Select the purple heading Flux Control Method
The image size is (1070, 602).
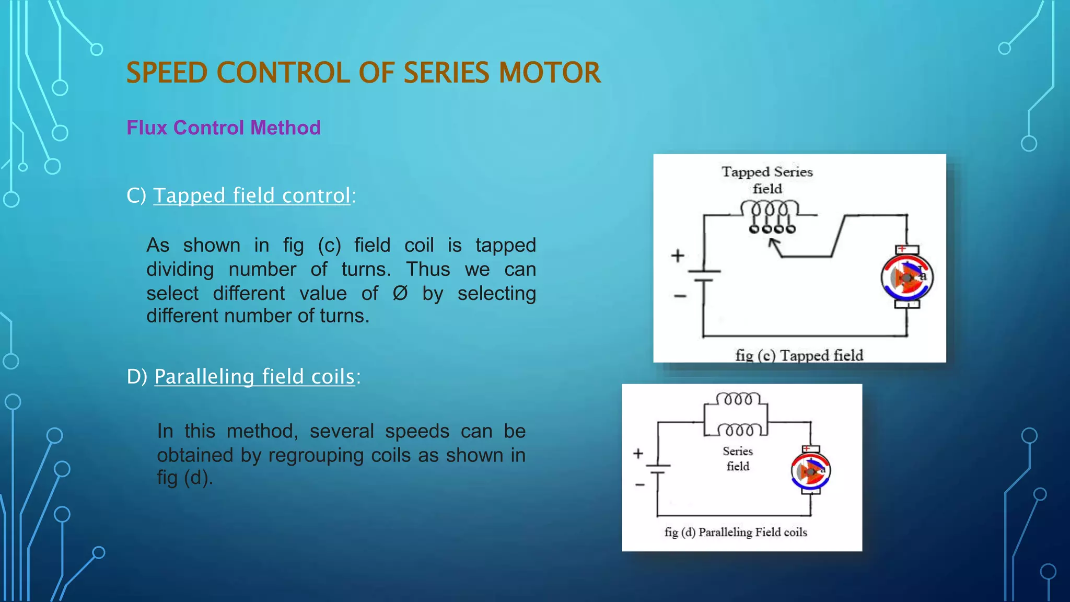pyautogui.click(x=224, y=128)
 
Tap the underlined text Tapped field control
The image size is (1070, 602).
pyautogui.click(x=251, y=195)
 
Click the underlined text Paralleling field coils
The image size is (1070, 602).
pyautogui.click(x=254, y=376)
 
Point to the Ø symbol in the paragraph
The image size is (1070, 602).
pyautogui.click(x=400, y=293)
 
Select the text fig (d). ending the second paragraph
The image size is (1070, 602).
pyautogui.click(x=185, y=478)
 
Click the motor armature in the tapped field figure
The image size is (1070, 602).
pyautogui.click(x=907, y=277)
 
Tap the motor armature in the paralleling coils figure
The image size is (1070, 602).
pyautogui.click(x=810, y=471)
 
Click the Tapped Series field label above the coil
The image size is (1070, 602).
pyautogui.click(x=767, y=180)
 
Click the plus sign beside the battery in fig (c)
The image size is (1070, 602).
pyautogui.click(x=678, y=256)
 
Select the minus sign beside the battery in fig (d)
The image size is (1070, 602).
pyautogui.click(x=640, y=485)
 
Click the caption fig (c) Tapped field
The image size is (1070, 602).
pyautogui.click(x=799, y=355)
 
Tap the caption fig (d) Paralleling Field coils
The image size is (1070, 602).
pyautogui.click(x=736, y=532)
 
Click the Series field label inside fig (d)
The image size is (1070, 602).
pyautogui.click(x=738, y=458)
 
